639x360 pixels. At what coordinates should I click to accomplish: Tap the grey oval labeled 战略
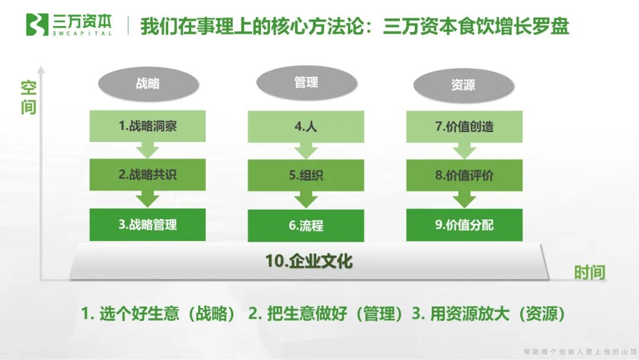(x=148, y=83)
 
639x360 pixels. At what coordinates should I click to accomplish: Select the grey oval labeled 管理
(x=306, y=82)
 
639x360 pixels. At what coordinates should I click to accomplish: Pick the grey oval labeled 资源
(x=463, y=85)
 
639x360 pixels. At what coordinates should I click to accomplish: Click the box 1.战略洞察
(x=148, y=126)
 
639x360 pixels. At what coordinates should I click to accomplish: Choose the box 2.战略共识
(x=148, y=175)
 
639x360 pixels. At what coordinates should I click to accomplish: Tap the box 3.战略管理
(x=148, y=224)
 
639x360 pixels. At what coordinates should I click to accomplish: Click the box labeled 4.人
(x=306, y=126)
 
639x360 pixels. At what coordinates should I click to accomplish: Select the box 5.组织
(x=306, y=175)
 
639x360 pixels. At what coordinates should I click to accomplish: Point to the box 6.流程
(x=306, y=225)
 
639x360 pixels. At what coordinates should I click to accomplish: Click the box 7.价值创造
(x=464, y=126)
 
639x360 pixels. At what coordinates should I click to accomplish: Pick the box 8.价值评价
(x=464, y=175)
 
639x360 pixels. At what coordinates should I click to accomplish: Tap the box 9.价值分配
(x=464, y=225)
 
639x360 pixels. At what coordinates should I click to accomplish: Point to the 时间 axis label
(x=590, y=272)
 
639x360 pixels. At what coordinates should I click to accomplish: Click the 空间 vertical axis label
(x=28, y=98)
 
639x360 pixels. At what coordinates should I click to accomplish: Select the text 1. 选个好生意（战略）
(x=159, y=314)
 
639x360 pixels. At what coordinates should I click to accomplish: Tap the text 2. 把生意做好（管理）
(x=326, y=314)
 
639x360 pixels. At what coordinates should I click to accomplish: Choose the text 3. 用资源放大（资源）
(x=488, y=314)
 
